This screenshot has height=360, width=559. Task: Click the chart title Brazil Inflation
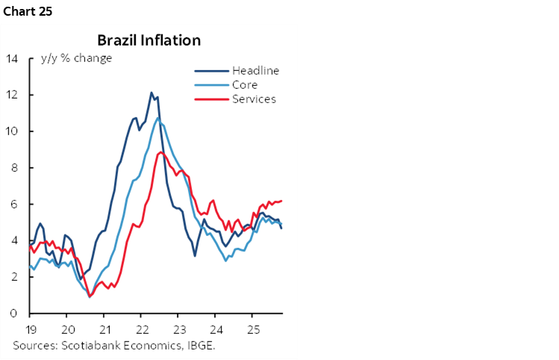149,40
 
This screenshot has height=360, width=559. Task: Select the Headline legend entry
254,71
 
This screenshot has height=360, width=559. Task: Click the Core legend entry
244,85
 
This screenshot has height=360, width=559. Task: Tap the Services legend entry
253,99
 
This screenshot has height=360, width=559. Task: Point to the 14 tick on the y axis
12,58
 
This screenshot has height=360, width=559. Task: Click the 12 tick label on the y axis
12,95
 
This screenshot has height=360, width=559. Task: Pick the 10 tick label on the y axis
12,131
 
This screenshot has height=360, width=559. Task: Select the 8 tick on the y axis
14,167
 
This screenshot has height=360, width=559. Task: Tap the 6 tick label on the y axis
14,204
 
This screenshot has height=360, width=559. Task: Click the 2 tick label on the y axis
14,276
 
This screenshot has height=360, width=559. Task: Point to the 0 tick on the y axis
14,313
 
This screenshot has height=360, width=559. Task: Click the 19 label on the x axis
30,329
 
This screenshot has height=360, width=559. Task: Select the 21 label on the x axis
104,329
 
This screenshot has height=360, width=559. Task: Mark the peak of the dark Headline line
152,93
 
